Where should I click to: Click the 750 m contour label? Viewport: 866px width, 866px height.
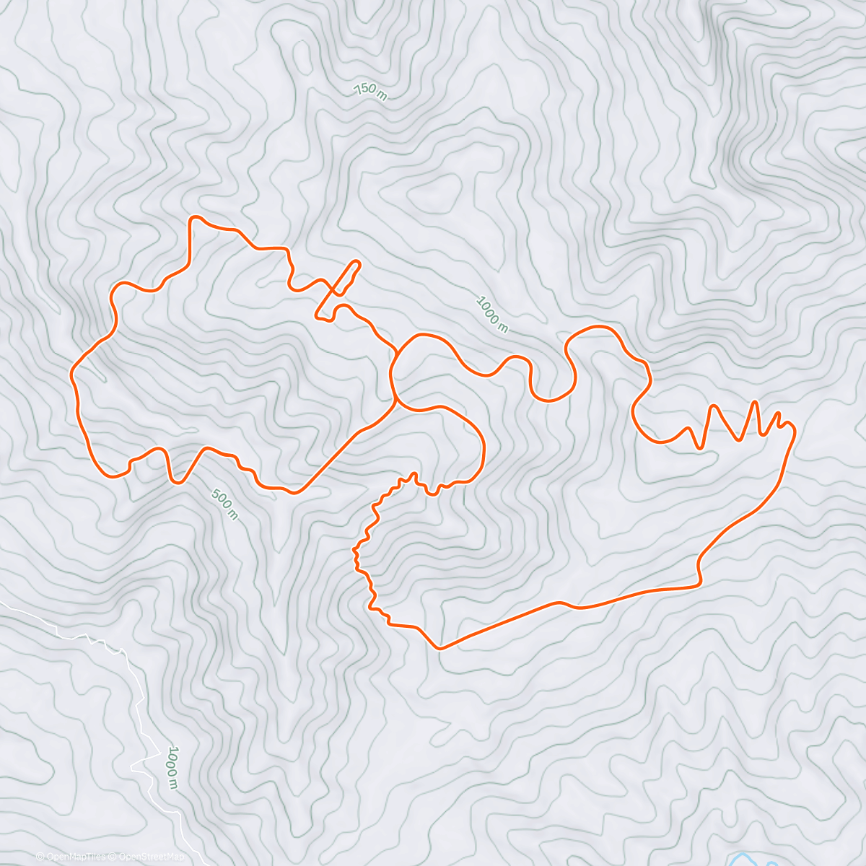[369, 91]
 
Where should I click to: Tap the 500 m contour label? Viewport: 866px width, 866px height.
[224, 504]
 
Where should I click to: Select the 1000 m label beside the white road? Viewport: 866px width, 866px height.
[172, 767]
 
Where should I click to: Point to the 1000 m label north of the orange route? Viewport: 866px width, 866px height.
[492, 314]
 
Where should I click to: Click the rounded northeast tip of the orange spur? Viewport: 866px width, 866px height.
[357, 263]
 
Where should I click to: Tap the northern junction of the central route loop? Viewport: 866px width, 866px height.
[398, 352]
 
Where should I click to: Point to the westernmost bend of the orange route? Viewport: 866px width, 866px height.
[72, 374]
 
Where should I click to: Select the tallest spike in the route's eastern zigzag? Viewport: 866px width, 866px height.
[755, 402]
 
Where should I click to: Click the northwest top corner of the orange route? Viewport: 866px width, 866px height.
[192, 218]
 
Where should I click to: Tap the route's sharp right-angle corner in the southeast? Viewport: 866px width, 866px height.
[699, 583]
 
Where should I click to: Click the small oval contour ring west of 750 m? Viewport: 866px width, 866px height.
[303, 54]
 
